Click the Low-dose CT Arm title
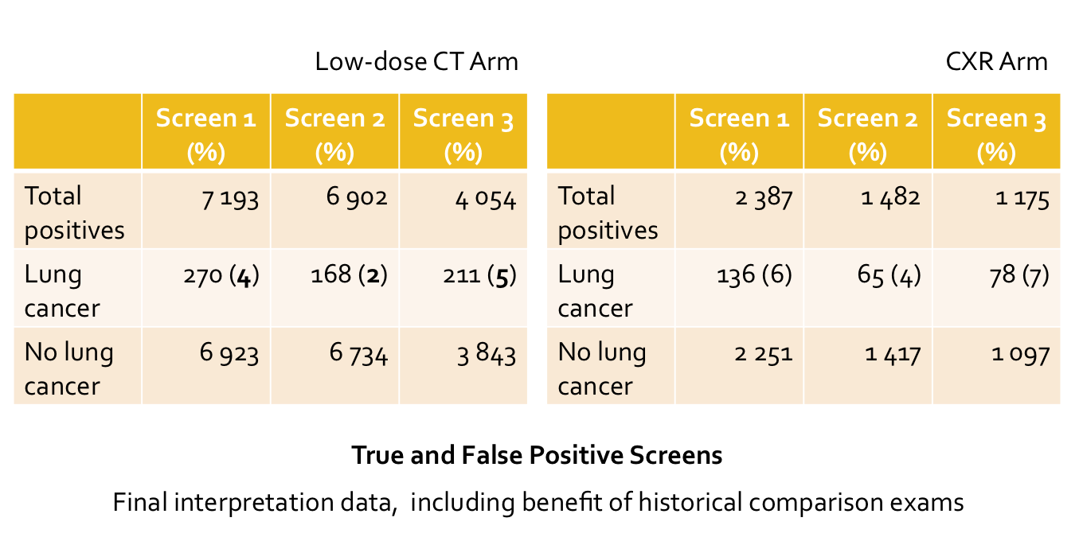[416, 62]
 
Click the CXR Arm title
[996, 62]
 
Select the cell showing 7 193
[230, 198]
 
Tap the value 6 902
[357, 197]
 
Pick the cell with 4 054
[486, 198]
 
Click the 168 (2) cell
[349, 275]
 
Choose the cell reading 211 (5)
[480, 275]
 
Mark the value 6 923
[229, 353]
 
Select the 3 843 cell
[486, 353]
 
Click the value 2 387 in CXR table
[763, 198]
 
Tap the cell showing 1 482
[890, 197]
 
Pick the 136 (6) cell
[755, 275]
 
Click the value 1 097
[1020, 353]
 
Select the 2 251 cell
[763, 353]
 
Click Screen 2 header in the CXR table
[867, 131]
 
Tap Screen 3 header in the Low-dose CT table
[463, 131]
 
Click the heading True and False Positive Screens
[537, 455]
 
